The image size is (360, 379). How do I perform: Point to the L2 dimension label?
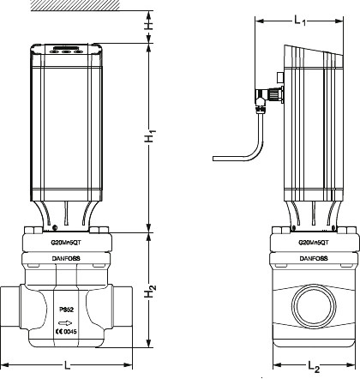pos(314,367)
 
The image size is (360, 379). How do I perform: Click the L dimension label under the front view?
pos(67,366)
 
